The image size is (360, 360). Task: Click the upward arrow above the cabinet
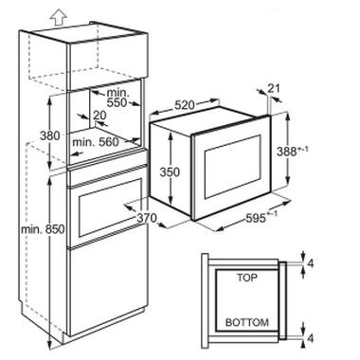[59, 17]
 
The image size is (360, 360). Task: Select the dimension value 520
[185, 105]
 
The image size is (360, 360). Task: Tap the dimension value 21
[274, 89]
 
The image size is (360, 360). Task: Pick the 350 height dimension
[170, 172]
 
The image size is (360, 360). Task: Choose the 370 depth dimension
[147, 217]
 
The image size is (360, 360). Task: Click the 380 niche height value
[50, 135]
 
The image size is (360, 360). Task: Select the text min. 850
[43, 229]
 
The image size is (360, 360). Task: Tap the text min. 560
[96, 142]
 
